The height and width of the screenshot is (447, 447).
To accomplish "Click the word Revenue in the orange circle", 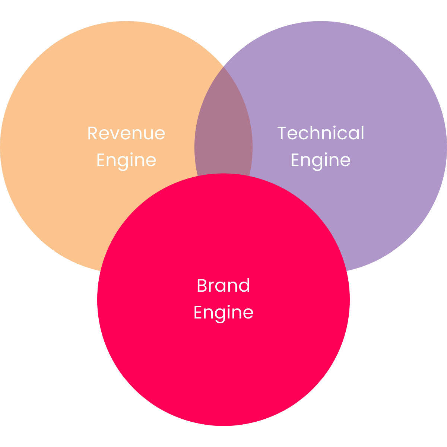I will pyautogui.click(x=126, y=133).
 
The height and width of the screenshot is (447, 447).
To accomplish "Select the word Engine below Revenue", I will pyautogui.click(x=126, y=161).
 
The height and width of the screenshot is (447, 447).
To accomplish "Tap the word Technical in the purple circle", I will pyautogui.click(x=321, y=133).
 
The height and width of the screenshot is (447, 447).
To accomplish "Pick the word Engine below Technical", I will pyautogui.click(x=320, y=161).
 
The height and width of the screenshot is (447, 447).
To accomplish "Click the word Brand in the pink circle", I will pyautogui.click(x=223, y=286).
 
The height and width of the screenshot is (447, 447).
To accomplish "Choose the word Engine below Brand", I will pyautogui.click(x=223, y=313).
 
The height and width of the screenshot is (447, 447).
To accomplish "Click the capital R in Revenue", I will pyautogui.click(x=92, y=133).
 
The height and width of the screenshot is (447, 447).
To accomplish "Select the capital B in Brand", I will pyautogui.click(x=202, y=286).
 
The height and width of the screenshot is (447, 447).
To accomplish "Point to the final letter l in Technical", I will pyautogui.click(x=362, y=133).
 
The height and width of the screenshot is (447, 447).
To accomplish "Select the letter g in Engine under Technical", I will pyautogui.click(x=314, y=162).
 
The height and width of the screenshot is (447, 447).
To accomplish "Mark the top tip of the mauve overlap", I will pyautogui.click(x=223, y=68).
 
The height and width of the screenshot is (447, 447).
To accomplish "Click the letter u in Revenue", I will pyautogui.click(x=147, y=134).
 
